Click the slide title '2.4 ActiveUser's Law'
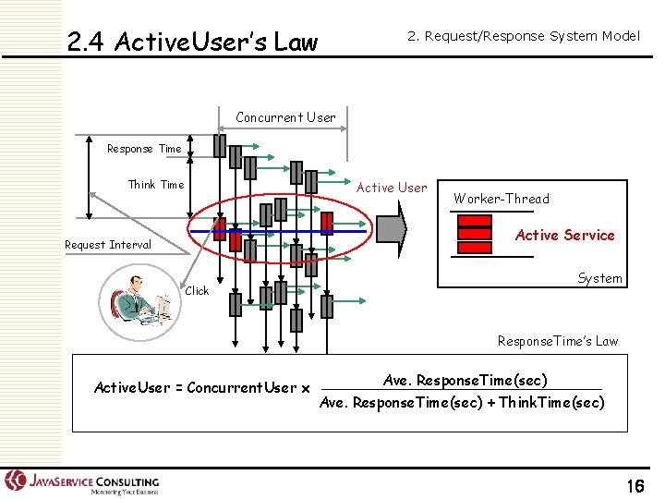(192, 43)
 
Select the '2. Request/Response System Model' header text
(524, 36)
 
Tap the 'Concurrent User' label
(285, 117)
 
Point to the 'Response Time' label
(144, 149)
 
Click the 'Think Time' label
(155, 185)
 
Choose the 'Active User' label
(392, 188)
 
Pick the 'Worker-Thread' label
(501, 199)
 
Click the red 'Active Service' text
(564, 235)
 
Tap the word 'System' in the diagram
(599, 278)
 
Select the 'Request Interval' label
(107, 245)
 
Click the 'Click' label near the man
(197, 291)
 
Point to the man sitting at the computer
(139, 300)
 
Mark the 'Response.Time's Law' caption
(557, 341)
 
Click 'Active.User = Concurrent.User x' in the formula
(202, 388)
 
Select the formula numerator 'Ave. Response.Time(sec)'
(465, 381)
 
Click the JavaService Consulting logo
(83, 482)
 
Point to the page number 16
(635, 486)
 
